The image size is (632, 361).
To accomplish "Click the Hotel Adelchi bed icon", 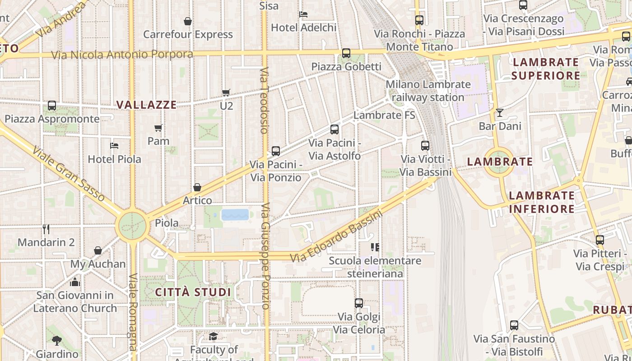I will click(x=303, y=14).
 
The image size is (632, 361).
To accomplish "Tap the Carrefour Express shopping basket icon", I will click(x=188, y=21).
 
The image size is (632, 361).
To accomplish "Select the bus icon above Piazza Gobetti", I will click(x=346, y=53).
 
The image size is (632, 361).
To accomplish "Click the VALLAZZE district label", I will click(x=146, y=105).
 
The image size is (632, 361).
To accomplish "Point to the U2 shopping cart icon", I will click(x=226, y=93).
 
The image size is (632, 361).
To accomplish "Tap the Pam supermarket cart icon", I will click(x=158, y=128).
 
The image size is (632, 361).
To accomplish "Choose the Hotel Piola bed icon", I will click(x=114, y=146).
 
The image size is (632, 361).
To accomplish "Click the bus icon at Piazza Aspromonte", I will click(x=52, y=106).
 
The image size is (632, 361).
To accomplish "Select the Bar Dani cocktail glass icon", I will click(x=500, y=112).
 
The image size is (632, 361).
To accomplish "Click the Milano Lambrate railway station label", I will click(x=428, y=91).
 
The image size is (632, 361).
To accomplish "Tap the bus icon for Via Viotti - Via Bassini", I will click(x=425, y=145).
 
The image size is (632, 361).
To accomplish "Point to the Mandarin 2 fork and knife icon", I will click(x=46, y=229).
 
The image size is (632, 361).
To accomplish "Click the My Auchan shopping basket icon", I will click(x=98, y=250).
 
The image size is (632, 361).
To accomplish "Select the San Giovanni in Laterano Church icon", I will click(x=75, y=282).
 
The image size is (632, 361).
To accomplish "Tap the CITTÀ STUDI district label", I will click(x=193, y=292).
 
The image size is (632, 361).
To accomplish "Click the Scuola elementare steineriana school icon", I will click(x=375, y=247).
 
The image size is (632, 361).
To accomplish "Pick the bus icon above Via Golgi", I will click(x=359, y=303).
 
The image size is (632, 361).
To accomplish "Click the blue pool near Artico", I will click(x=235, y=214).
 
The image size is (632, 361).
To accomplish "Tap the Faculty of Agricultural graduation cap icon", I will click(x=213, y=336).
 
